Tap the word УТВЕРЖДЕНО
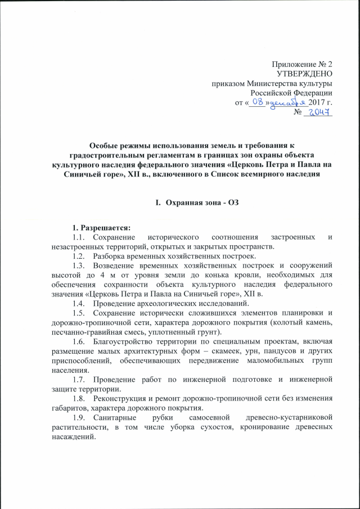[305, 74]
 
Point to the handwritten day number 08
[256, 102]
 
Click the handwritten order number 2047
[319, 113]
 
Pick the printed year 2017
[317, 103]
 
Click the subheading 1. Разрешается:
[100, 228]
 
